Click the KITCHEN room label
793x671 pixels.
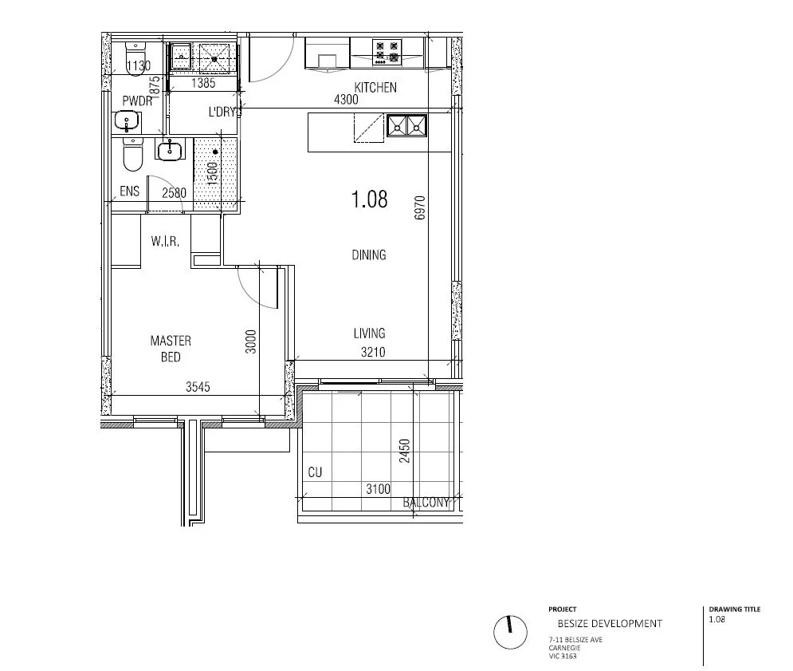tap(375, 88)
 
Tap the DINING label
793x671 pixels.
tap(368, 255)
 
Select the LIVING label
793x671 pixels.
tap(369, 334)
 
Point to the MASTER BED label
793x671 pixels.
tap(171, 349)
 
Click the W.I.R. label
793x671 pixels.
tap(164, 240)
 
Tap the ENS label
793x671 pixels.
tap(129, 191)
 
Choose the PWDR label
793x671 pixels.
tap(137, 101)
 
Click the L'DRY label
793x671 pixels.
tap(223, 112)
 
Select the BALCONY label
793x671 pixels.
tap(426, 503)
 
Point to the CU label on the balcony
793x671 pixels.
tap(315, 472)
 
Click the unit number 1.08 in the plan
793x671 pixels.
tap(370, 199)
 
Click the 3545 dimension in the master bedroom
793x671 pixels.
tap(198, 388)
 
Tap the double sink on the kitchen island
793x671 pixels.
tap(406, 125)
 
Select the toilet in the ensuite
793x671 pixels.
tap(132, 155)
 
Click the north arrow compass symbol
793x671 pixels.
tap(509, 632)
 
